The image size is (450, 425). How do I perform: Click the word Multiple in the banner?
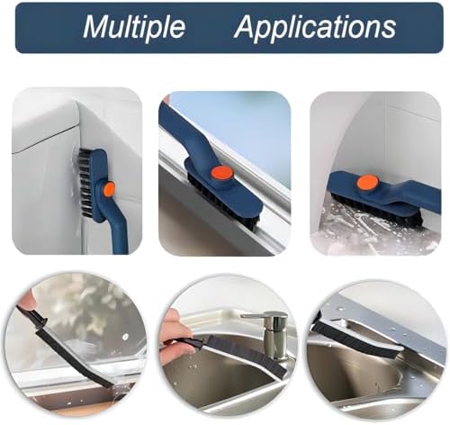pyautogui.click(x=134, y=27)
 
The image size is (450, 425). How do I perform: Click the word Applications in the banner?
pyautogui.click(x=315, y=27)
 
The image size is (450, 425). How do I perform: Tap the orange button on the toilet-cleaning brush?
pyautogui.click(x=110, y=189)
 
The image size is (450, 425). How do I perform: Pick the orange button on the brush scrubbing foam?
pyautogui.click(x=367, y=183)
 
